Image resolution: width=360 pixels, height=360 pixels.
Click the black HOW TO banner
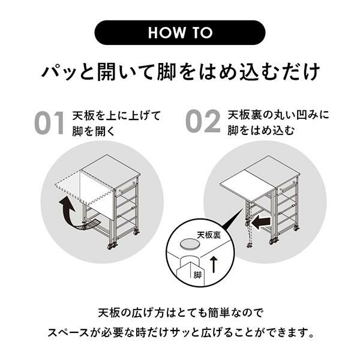tap(180, 32)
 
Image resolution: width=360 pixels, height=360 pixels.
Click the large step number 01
tap(50, 123)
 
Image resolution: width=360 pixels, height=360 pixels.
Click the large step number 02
tap(203, 121)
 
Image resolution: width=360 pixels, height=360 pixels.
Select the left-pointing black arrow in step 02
tap(261, 222)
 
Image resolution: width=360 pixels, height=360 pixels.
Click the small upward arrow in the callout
tap(214, 265)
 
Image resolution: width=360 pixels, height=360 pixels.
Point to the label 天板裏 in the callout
tap(208, 235)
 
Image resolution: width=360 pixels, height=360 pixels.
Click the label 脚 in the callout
tap(197, 275)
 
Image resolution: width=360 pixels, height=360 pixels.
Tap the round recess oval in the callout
tap(190, 244)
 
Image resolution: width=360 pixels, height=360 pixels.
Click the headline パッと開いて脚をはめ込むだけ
tap(181, 71)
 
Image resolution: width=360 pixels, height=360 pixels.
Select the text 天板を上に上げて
tap(116, 115)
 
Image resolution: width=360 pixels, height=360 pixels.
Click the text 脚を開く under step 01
tap(93, 131)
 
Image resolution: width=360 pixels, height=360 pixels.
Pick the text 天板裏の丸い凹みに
tap(278, 115)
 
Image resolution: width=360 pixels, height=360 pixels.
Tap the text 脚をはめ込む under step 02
tap(261, 130)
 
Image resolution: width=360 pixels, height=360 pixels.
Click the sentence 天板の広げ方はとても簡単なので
tap(181, 313)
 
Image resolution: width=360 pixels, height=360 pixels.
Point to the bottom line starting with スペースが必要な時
tap(181, 332)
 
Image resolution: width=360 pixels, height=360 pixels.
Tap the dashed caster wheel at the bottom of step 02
tap(249, 245)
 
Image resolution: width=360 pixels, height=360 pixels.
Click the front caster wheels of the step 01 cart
tap(112, 245)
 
